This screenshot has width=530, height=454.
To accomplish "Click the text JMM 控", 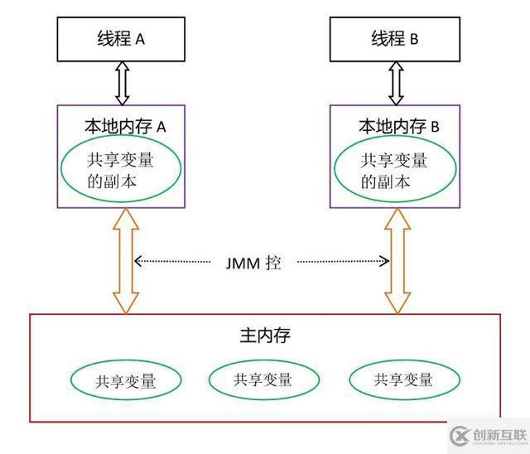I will [x=253, y=263].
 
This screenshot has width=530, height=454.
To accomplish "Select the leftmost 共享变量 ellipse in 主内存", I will [x=126, y=381].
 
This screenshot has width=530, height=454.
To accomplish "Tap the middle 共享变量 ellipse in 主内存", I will [x=263, y=379].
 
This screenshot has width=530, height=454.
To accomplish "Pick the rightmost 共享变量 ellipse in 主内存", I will [x=402, y=380].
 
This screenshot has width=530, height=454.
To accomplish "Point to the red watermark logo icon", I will [x=460, y=437].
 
